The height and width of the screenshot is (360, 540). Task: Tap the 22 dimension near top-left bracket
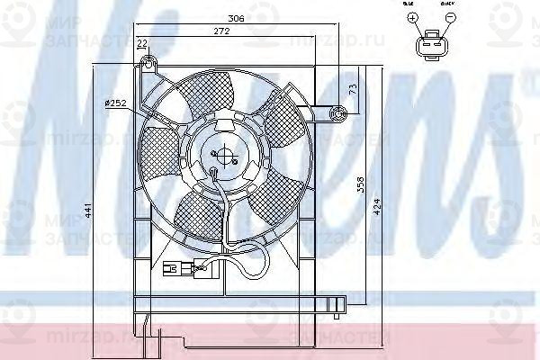pos(142,44)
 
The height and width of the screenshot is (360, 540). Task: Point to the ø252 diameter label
pos(114,103)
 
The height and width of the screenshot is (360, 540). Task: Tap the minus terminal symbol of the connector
pos(450,17)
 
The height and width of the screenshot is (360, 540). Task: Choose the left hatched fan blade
pos(162,144)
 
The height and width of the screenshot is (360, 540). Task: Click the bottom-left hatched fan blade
pos(200,214)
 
